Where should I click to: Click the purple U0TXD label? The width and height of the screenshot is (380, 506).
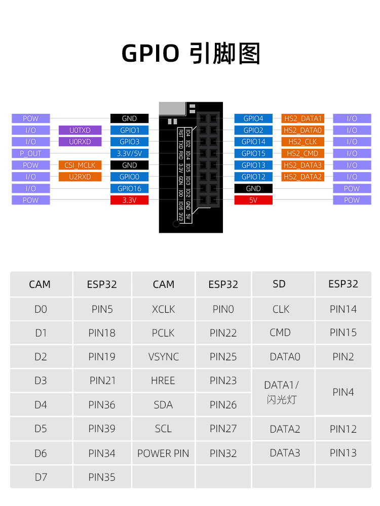click(x=80, y=130)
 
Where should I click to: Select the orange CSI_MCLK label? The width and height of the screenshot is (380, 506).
click(x=80, y=165)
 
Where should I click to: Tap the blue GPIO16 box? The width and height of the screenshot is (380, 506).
click(x=129, y=188)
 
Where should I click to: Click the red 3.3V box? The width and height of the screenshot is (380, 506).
click(x=129, y=200)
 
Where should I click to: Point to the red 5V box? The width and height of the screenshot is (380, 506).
click(x=253, y=200)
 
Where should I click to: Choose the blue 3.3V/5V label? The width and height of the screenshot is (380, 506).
click(x=129, y=153)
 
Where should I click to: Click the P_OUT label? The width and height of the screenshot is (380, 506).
click(x=31, y=153)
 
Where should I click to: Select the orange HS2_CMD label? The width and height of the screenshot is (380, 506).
click(x=303, y=153)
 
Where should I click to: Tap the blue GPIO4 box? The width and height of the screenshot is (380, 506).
click(x=253, y=118)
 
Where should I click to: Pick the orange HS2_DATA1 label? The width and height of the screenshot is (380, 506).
click(x=303, y=118)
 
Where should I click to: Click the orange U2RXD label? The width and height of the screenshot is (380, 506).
click(x=80, y=177)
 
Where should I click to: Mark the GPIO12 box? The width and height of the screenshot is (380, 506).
click(x=253, y=177)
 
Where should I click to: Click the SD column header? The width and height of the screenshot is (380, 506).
click(x=279, y=284)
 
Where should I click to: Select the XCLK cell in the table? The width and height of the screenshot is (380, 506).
click(x=164, y=309)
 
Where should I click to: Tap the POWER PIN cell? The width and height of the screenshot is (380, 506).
click(x=164, y=453)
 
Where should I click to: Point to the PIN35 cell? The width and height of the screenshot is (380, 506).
click(x=102, y=477)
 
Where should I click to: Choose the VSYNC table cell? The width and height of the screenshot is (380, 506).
click(x=164, y=357)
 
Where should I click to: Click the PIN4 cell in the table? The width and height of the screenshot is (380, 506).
click(x=343, y=392)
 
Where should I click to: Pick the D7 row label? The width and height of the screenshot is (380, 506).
click(x=41, y=477)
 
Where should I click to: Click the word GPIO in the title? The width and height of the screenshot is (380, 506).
click(x=150, y=53)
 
